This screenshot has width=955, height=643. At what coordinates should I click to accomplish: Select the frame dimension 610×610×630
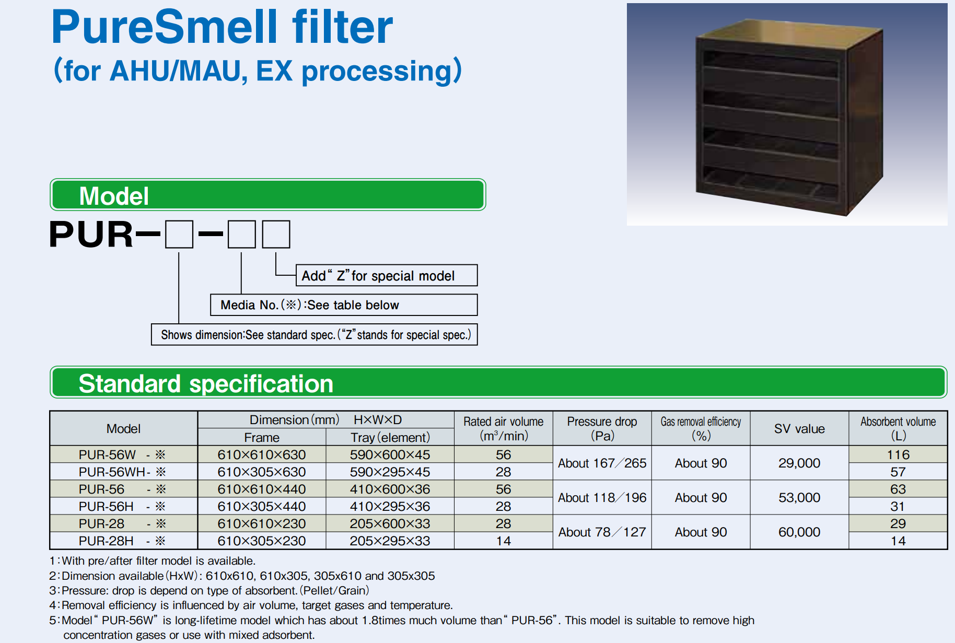(262, 454)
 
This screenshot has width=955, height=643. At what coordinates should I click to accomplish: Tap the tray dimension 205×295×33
(390, 541)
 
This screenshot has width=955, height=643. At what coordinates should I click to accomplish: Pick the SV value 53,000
(799, 497)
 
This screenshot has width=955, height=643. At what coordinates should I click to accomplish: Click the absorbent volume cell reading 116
(898, 454)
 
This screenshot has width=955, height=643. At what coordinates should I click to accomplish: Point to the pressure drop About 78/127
(602, 532)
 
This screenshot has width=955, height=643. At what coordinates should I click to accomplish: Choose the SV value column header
(799, 428)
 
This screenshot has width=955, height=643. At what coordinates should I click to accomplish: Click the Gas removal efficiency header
(701, 428)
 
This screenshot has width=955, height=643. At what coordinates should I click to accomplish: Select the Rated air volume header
(503, 428)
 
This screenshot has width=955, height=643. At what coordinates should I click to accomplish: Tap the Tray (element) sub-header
(390, 437)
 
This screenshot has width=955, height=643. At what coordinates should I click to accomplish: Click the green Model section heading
(268, 195)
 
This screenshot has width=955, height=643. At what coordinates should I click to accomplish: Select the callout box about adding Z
(387, 275)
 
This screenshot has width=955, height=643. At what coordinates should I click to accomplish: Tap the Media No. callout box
(344, 305)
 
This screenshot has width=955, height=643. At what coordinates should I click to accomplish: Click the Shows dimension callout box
(315, 334)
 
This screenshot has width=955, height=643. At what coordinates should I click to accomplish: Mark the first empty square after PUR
(179, 234)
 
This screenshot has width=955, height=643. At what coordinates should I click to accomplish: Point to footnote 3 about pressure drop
(209, 590)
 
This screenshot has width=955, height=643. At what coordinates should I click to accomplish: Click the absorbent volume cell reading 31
(898, 506)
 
